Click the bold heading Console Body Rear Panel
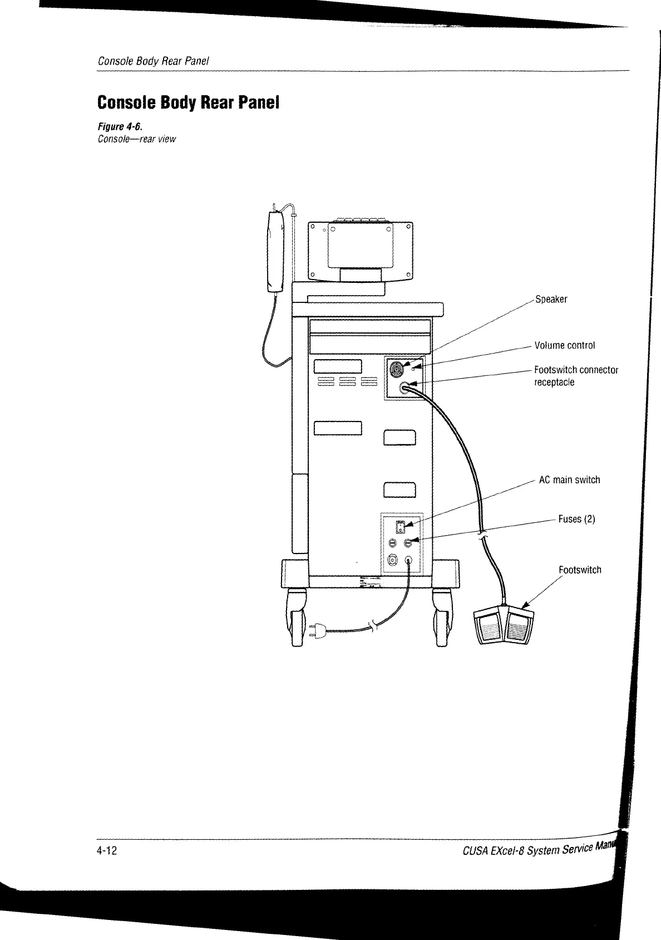click(x=188, y=103)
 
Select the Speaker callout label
click(x=551, y=300)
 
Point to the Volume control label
click(x=564, y=345)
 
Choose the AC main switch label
click(x=569, y=480)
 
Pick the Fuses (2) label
click(x=576, y=519)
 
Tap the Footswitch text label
click(x=580, y=570)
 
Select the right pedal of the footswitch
click(x=519, y=627)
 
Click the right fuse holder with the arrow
click(x=408, y=542)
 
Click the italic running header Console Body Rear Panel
click(x=153, y=61)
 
